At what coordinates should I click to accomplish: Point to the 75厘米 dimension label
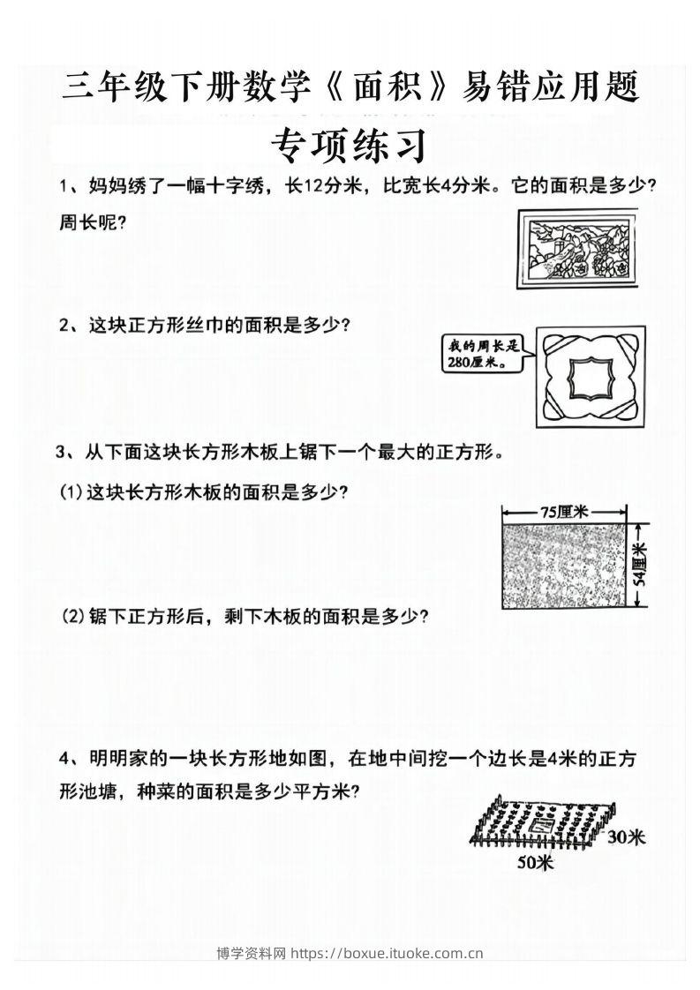564,510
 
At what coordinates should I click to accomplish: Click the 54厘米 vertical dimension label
642,565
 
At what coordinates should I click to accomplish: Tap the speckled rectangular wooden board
564,566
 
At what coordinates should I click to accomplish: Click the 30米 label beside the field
627,836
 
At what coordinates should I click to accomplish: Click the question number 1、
68,187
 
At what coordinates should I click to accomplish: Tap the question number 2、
68,325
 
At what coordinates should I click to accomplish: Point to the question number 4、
68,759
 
